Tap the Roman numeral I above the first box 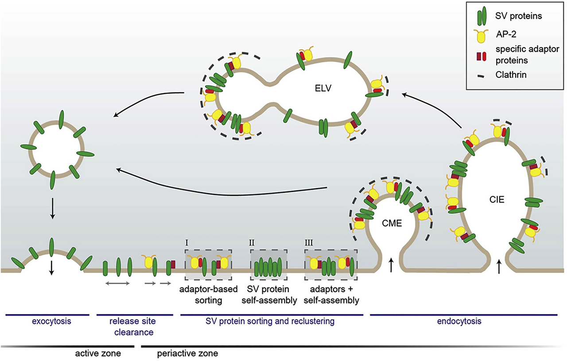(x=187, y=243)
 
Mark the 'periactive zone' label (x=188, y=353)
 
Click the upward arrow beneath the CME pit (x=391, y=266)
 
